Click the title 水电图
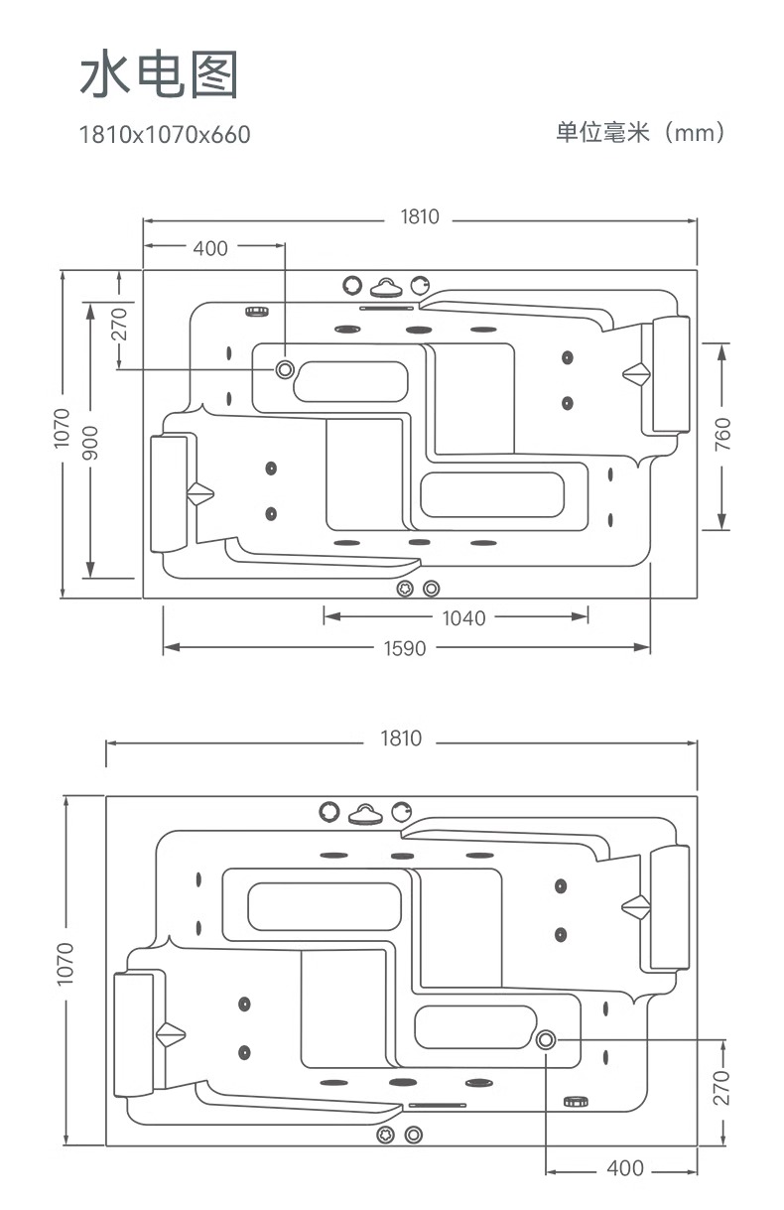160,74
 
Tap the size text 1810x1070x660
165,135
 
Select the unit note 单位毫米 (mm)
640,132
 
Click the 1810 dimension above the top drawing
420,217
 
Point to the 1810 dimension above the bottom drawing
401,739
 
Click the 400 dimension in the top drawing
210,248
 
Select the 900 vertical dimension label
90,443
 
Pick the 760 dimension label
722,435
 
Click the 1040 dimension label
463,618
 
